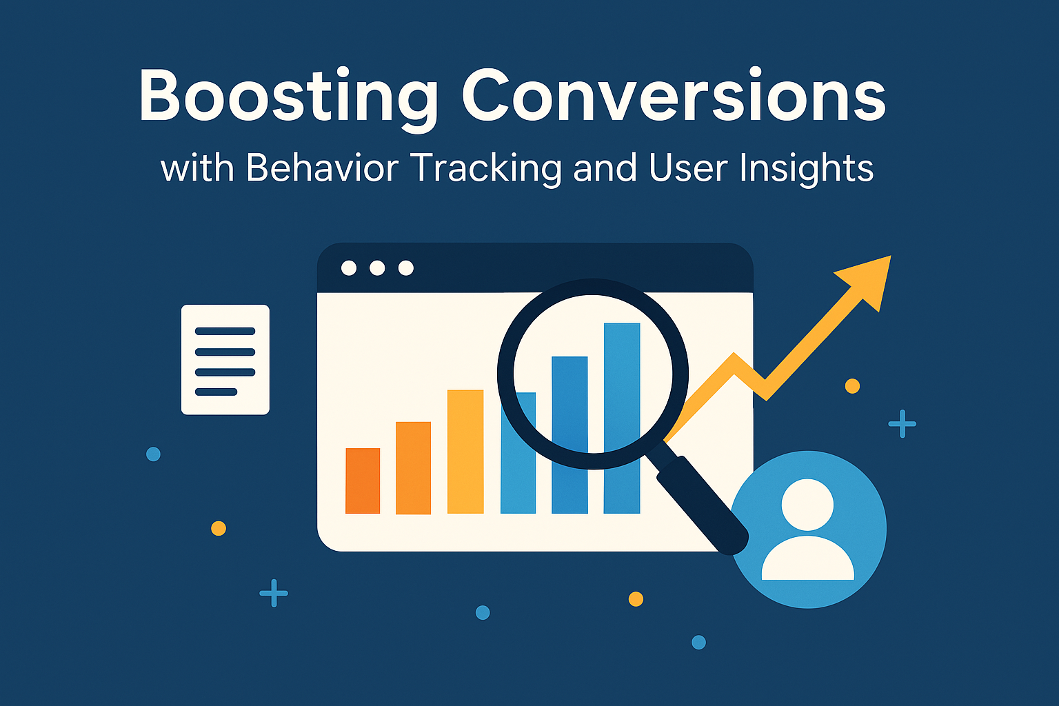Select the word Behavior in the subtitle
point(323,168)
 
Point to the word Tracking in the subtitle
point(487,170)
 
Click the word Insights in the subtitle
point(807,170)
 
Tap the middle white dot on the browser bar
point(377,268)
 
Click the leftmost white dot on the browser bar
point(349,268)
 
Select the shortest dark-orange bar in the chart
point(363,481)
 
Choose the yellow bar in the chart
point(465,452)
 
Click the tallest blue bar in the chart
point(622,418)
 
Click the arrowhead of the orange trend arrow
point(868,281)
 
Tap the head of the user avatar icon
point(807,505)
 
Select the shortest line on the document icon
point(216,392)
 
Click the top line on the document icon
point(225,331)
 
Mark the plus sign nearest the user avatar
point(902,424)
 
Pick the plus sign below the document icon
point(274,593)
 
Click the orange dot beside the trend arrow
point(852,386)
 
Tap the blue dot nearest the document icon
point(153,454)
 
